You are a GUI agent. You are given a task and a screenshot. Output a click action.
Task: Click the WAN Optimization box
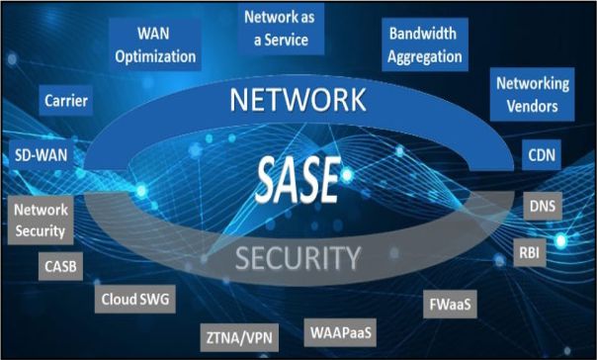tap(155, 45)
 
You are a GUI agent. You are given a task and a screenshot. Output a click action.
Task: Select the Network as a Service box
tap(281, 29)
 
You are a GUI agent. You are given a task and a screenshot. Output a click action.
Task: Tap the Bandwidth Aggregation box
tap(425, 45)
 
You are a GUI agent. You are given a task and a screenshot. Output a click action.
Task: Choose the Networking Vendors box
tap(533, 95)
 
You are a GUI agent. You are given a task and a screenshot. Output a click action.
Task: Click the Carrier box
tap(66, 101)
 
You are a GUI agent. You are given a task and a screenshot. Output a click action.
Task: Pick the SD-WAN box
tap(42, 155)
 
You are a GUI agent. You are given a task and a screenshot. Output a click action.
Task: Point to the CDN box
tap(542, 155)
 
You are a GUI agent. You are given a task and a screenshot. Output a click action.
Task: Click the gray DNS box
tap(543, 206)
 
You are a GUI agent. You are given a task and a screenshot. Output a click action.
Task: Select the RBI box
tap(529, 252)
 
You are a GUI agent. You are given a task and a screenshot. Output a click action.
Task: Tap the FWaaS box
tap(450, 304)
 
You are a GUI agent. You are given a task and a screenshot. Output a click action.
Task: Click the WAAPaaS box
tap(340, 332)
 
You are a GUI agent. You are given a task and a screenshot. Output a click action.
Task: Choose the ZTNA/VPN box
tap(239, 338)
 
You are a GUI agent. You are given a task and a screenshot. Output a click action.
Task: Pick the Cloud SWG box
tap(135, 299)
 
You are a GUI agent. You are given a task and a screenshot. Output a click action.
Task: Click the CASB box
tap(60, 266)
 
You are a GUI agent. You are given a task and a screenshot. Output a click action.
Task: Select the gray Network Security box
tap(41, 221)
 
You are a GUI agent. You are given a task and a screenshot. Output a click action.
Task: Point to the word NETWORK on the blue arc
tap(298, 100)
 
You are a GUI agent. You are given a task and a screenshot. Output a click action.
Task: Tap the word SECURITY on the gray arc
tap(298, 258)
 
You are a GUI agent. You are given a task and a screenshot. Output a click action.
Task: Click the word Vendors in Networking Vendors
tap(533, 106)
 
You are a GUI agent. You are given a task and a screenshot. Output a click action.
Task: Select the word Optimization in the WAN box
tap(155, 56)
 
